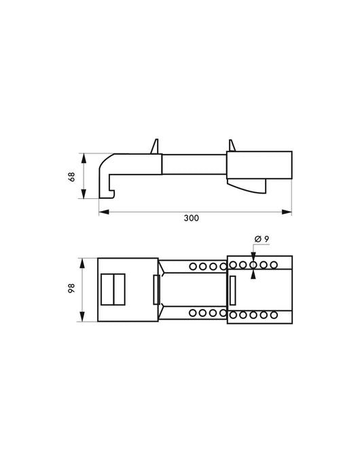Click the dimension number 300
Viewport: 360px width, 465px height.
(192, 219)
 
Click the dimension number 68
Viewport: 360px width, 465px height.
(72, 176)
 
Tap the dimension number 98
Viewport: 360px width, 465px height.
(72, 289)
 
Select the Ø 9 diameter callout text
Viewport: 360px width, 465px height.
(262, 239)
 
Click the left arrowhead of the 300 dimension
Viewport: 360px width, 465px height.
(104, 212)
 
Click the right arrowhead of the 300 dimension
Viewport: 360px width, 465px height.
(287, 212)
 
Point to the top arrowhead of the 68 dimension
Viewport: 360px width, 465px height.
(84, 158)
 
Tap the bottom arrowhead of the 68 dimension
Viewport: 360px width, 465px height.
(84, 193)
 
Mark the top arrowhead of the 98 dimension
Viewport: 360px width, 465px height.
(82, 263)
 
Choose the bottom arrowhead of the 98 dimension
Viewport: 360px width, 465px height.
(82, 316)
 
